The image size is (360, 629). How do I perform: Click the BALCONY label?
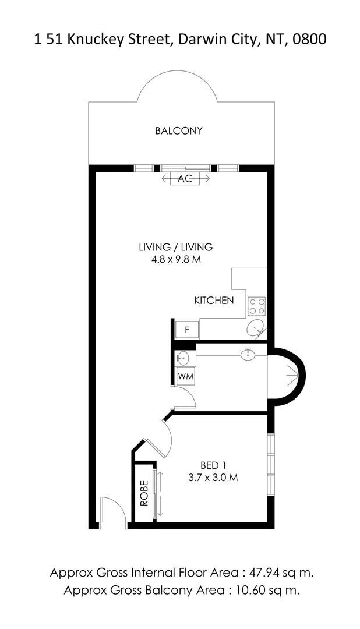point(179,131)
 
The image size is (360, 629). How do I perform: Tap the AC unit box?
point(185,179)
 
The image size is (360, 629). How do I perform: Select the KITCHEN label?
point(214,301)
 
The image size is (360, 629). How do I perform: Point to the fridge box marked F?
point(187,330)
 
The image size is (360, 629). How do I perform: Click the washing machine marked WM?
point(186,376)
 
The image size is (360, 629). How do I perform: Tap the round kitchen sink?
point(255,328)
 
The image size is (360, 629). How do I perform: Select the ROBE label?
point(144,493)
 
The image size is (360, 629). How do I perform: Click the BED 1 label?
point(213,465)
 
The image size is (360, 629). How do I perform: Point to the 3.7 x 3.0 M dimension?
point(213,478)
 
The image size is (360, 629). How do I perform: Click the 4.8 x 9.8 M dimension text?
point(175,260)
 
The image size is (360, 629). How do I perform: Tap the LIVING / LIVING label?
point(175,247)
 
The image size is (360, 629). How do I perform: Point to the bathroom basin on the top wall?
point(248,354)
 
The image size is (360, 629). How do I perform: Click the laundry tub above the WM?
point(182,358)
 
